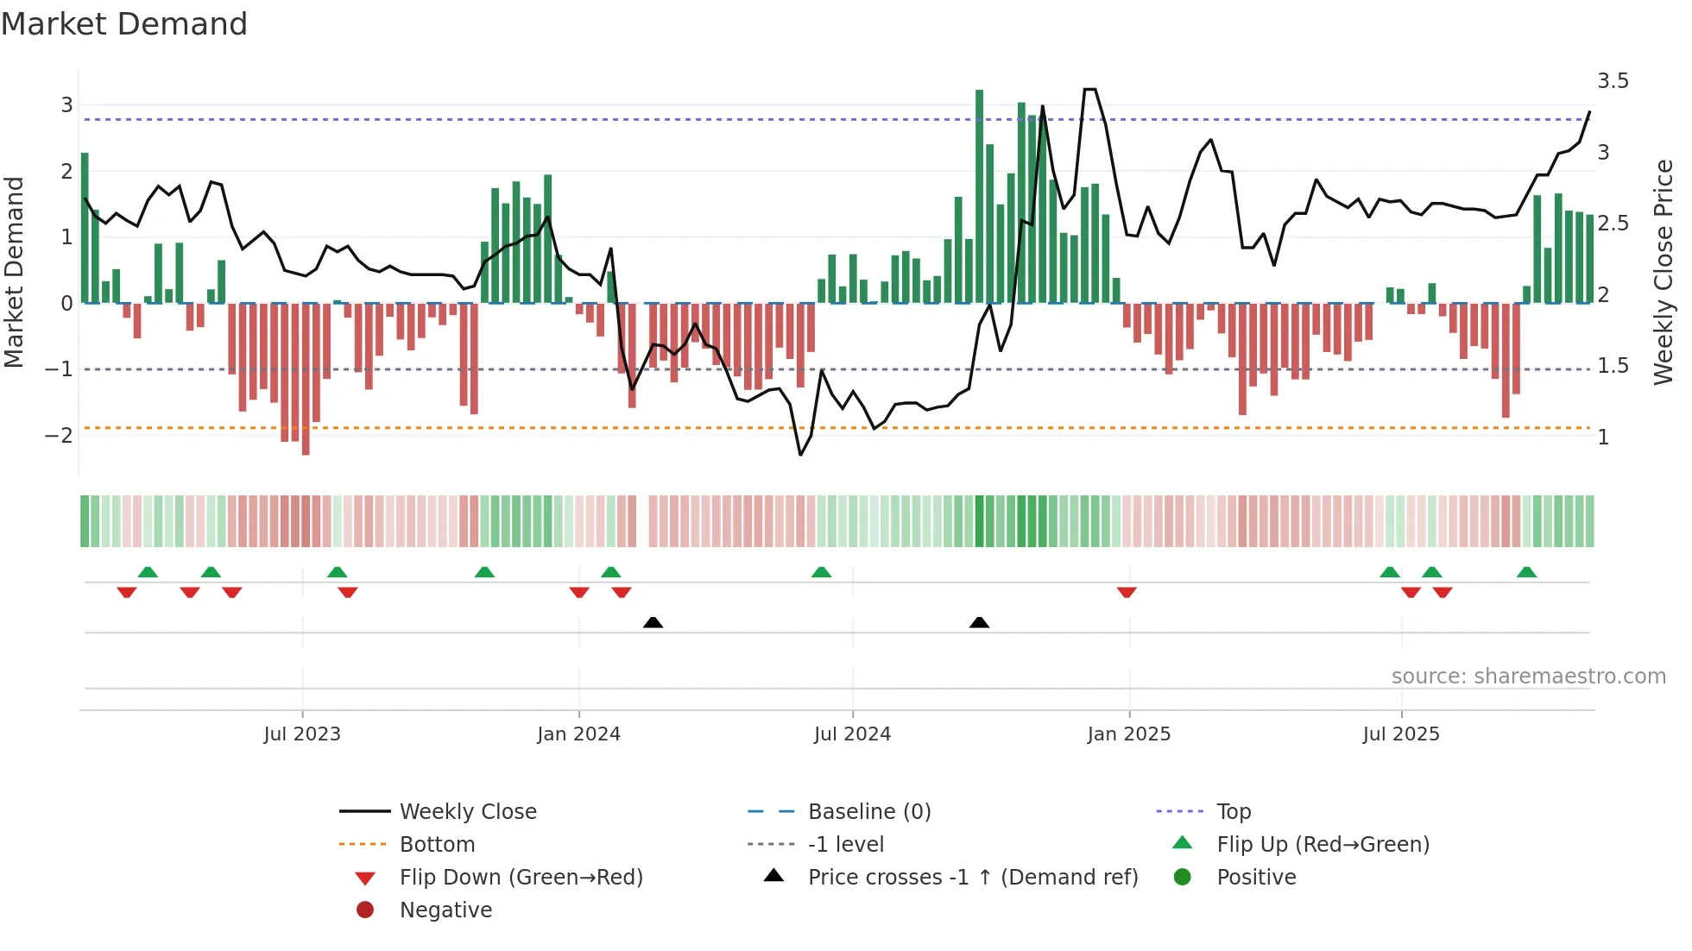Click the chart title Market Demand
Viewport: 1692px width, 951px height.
pos(124,24)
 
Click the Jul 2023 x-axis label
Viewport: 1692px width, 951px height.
pos(302,734)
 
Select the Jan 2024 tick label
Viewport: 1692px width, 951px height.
pos(578,734)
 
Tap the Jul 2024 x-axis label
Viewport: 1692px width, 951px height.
pos(852,734)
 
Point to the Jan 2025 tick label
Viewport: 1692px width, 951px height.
pos(1128,734)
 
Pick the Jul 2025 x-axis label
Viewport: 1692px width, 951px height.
pos(1401,734)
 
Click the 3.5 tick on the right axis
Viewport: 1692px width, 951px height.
pos(1613,81)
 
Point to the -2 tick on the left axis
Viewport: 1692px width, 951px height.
pos(59,435)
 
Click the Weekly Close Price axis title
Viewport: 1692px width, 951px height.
pos(1663,272)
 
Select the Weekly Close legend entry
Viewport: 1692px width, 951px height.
pos(467,812)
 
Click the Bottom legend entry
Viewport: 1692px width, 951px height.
pos(437,845)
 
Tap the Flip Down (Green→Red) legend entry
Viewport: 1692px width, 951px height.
pos(521,878)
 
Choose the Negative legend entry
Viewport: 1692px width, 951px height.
pos(445,910)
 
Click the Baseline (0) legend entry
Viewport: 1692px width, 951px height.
pos(868,812)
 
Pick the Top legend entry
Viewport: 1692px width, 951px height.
pos(1234,812)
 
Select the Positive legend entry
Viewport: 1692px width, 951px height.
pos(1256,878)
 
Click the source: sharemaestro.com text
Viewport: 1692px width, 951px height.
pos(1528,677)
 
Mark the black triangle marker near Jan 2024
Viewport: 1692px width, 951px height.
pos(653,622)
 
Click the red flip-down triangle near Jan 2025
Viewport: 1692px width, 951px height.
pos(1127,592)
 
